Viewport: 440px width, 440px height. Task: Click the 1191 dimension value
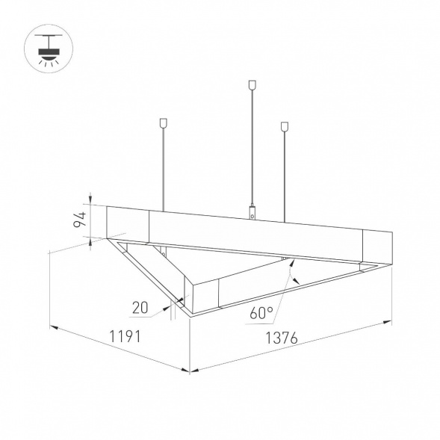click(124, 336)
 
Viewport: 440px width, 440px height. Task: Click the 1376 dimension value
click(281, 338)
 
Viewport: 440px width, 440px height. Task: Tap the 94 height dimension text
click(79, 220)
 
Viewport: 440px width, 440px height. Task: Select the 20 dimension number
click(140, 308)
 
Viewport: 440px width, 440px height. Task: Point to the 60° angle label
click(261, 312)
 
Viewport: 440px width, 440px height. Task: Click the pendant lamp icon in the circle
click(49, 49)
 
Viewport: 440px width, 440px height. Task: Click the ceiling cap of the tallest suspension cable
click(252, 84)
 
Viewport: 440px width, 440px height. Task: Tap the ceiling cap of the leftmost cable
click(163, 123)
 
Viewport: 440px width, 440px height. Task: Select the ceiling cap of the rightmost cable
click(285, 126)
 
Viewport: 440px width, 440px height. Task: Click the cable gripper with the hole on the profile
click(252, 212)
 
